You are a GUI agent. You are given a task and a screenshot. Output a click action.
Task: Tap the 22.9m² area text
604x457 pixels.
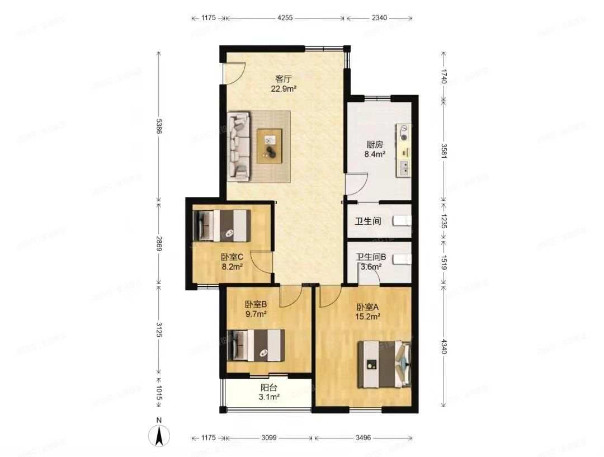coord(284,88)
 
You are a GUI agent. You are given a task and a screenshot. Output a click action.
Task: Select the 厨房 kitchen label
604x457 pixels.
coord(367,144)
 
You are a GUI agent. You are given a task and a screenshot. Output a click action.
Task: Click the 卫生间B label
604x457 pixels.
coord(371,257)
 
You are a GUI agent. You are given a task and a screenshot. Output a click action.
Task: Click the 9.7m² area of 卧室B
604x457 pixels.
coord(256,314)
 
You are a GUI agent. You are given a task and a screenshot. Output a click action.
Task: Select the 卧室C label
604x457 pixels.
coord(232,257)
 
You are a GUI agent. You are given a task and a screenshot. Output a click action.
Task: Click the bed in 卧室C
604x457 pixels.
coord(220,225)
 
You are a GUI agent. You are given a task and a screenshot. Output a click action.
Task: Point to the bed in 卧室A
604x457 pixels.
coord(385,364)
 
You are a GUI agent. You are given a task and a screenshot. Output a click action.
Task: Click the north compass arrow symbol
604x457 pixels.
coord(159,434)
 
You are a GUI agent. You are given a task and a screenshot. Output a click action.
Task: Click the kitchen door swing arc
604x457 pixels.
coord(356,183)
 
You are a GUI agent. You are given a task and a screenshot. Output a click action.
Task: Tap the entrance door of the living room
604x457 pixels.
coord(234,73)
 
